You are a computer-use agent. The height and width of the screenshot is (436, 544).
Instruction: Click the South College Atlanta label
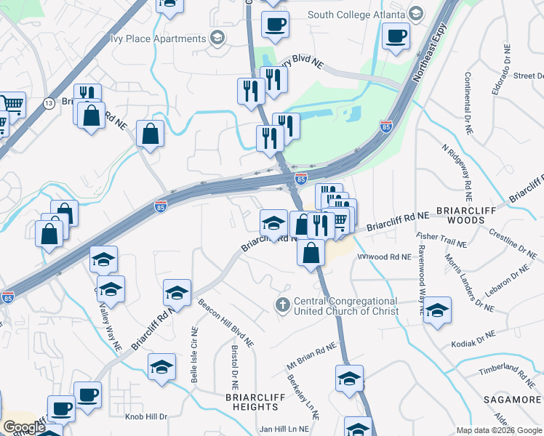356,14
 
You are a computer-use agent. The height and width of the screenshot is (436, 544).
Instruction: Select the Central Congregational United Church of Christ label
346,306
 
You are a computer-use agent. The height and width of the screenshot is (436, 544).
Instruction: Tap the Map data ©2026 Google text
498,430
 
